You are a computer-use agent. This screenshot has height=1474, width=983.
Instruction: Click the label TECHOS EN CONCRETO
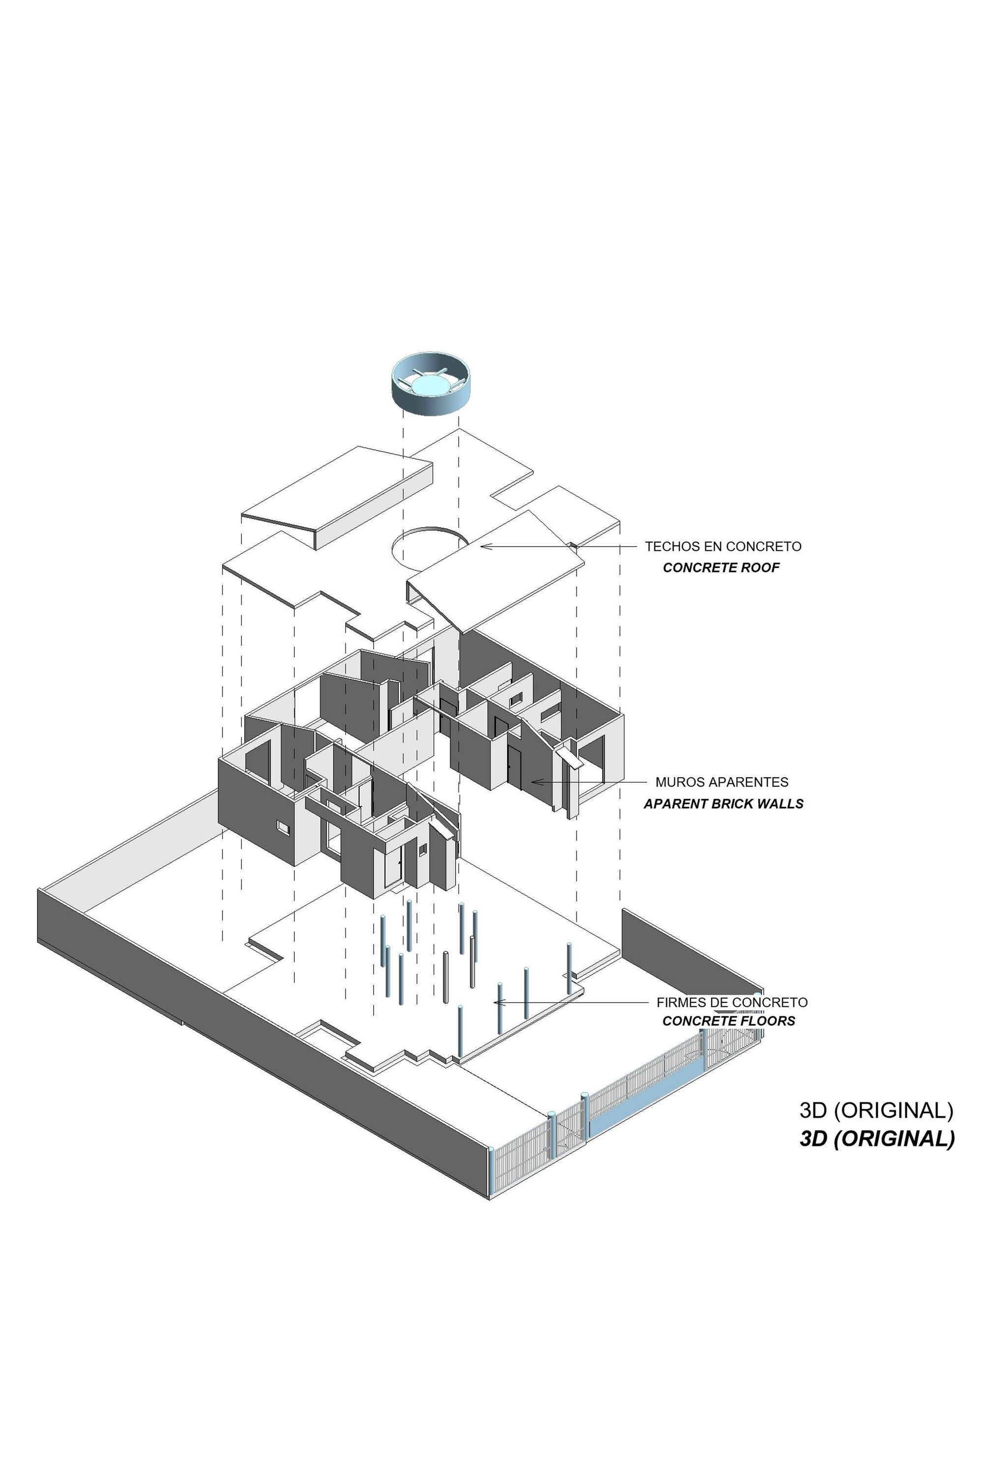pos(723,546)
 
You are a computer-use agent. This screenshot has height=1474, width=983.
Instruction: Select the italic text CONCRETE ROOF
pos(721,568)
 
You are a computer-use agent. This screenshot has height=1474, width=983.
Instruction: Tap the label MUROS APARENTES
pos(722,782)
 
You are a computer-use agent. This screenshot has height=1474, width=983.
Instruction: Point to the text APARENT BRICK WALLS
pos(723,803)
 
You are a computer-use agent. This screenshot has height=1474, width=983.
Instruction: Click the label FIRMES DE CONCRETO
pos(732,1002)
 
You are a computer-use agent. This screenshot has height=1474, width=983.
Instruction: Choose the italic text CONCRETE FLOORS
pos(728,1021)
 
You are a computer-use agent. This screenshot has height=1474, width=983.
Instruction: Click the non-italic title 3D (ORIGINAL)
pos(876,1110)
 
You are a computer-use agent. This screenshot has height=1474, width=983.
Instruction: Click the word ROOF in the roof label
pos(761,568)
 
